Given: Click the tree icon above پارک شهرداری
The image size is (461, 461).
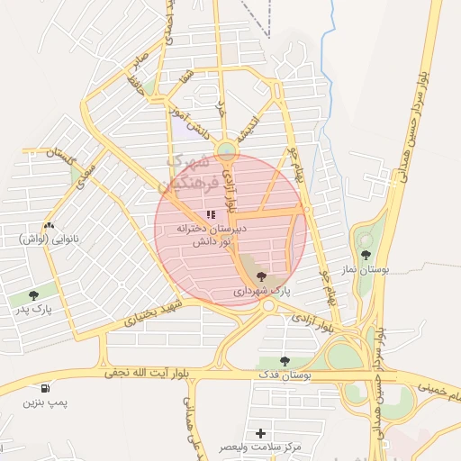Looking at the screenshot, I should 261,276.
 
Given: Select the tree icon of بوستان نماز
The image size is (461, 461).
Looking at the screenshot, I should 366,255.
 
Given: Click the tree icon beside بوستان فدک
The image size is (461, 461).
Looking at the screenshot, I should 285,361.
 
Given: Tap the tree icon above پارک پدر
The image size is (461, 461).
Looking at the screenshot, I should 33,294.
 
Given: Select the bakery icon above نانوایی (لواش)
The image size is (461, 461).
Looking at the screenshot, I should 48,225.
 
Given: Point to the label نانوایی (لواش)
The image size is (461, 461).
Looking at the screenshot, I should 46,239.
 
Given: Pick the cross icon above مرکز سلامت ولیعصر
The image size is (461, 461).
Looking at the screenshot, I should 261,433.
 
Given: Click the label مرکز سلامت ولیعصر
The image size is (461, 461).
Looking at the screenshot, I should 262,447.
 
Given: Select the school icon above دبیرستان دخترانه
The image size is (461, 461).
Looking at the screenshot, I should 211,215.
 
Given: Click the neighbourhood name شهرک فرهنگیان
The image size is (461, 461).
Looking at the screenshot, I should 185,175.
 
